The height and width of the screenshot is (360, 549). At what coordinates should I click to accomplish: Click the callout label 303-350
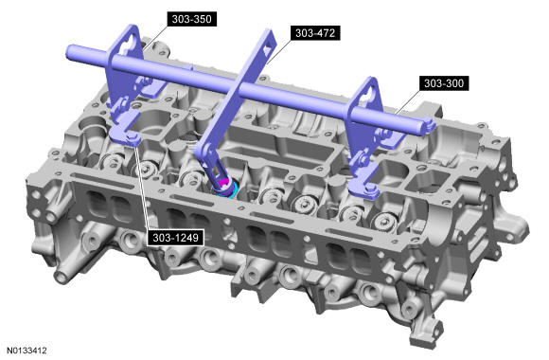click(x=191, y=19)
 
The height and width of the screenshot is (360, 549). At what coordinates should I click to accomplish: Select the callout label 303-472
click(x=315, y=33)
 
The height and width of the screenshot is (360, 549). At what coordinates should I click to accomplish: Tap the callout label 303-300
click(x=444, y=83)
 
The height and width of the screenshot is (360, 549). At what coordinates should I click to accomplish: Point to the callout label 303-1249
click(x=175, y=238)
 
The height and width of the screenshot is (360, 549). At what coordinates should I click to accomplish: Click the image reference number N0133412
click(x=27, y=351)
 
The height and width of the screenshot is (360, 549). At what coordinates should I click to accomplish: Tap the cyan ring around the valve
click(x=227, y=191)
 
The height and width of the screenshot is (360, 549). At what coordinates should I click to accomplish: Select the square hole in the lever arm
click(x=268, y=49)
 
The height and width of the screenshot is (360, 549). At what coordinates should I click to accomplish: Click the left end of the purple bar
click(x=70, y=52)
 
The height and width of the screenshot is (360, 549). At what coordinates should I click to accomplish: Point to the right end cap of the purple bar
click(x=430, y=126)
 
